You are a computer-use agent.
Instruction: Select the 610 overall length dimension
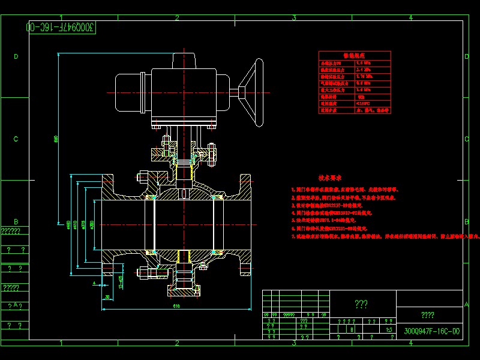pyautogui.click(x=176, y=306)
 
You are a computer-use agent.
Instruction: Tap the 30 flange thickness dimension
pyautogui.click(x=107, y=296)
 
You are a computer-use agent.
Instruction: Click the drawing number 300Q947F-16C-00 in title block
pyautogui.click(x=431, y=331)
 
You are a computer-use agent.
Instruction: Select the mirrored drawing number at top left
pyautogui.click(x=62, y=28)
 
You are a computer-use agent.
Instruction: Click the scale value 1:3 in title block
pyautogui.click(x=389, y=329)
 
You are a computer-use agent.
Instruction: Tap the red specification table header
pyautogui.click(x=354, y=55)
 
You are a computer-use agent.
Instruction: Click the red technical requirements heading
pyautogui.click(x=329, y=178)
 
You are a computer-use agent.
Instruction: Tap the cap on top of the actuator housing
pyautogui.click(x=185, y=61)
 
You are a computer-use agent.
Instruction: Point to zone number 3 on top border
pyautogui.click(x=293, y=17)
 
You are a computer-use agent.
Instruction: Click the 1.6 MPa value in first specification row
pyautogui.click(x=364, y=62)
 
